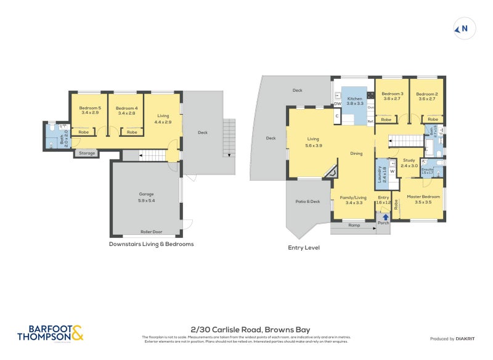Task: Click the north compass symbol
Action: click(463, 28)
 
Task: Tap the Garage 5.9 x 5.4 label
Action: click(146, 197)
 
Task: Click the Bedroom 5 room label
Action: click(90, 110)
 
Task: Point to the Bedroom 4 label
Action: click(126, 110)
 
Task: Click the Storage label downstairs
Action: click(86, 153)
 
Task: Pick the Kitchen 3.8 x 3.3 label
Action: click(355, 102)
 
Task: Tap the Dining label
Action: click(356, 153)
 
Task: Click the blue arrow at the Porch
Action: click(386, 217)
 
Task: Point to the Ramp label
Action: click(354, 226)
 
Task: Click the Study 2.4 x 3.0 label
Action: click(410, 163)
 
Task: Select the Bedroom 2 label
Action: click(427, 96)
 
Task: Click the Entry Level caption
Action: click(304, 248)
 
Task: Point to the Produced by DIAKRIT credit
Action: click(455, 339)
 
